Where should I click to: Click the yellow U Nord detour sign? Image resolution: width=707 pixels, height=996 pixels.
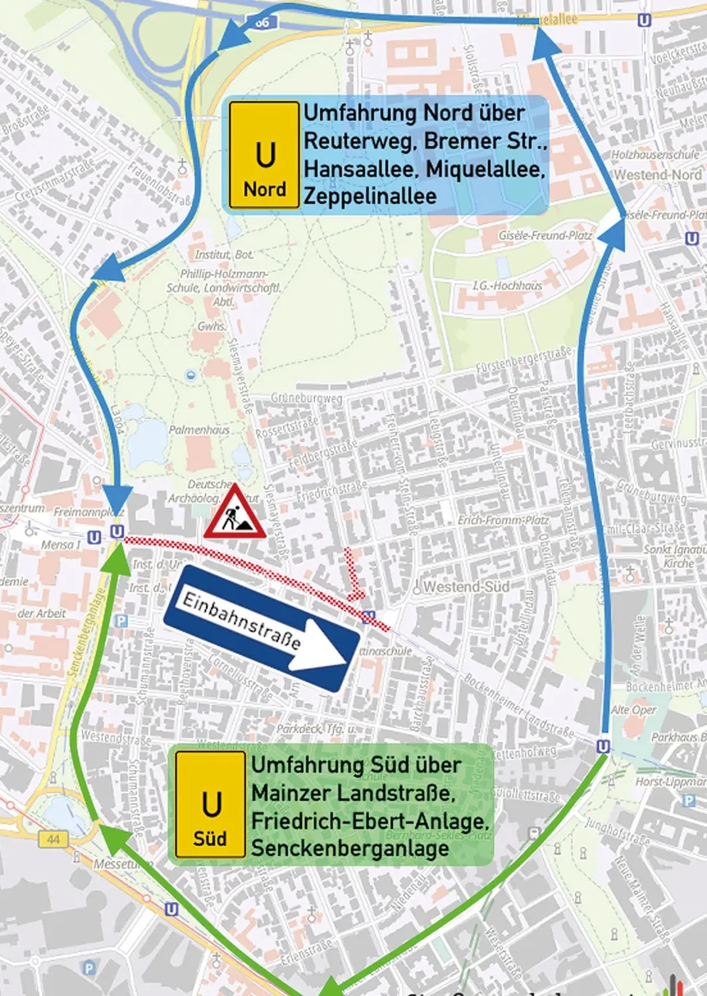coord(264,155)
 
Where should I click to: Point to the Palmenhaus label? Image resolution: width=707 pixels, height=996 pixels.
coord(199,430)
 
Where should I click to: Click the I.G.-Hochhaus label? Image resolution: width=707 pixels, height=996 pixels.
coord(507,285)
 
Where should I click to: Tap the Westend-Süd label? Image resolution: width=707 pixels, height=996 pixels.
coord(466,587)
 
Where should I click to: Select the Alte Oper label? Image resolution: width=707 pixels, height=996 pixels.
coord(634,709)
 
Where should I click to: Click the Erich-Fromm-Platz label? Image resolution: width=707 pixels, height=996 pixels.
coord(503,520)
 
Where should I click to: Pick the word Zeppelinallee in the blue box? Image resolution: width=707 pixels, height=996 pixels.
coord(370,196)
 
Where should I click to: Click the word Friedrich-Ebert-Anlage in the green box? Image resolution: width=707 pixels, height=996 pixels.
coord(370,821)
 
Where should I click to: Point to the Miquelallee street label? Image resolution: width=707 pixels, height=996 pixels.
coord(547,19)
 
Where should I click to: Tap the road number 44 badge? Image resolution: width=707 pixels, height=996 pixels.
coord(53,839)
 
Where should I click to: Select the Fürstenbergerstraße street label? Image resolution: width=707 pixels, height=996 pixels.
coord(524,359)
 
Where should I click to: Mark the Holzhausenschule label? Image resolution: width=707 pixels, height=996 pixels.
coord(655,154)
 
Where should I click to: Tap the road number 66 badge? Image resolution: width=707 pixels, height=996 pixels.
coord(262,22)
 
